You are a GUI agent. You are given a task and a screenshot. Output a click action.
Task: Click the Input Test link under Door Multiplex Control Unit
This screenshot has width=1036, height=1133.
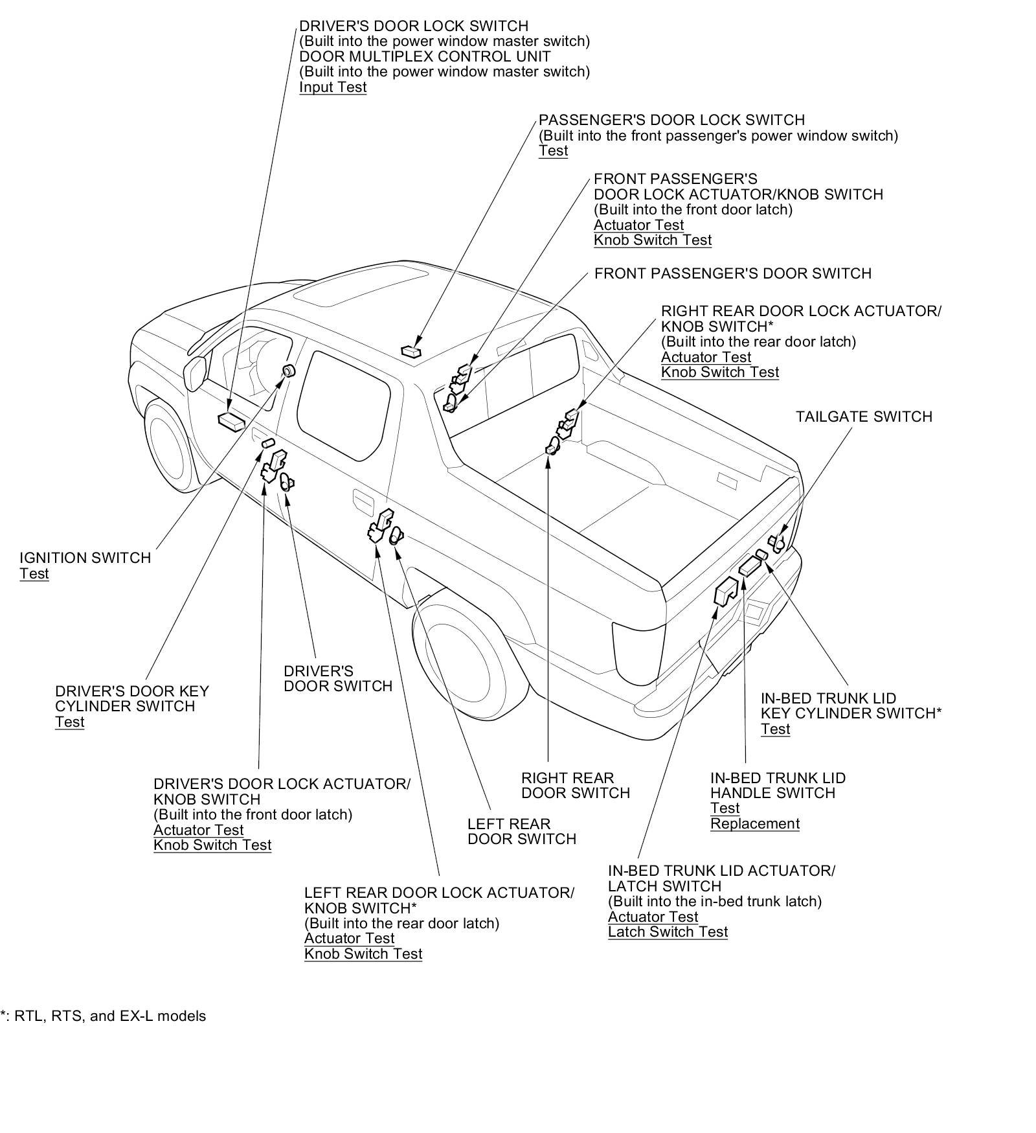[333, 87]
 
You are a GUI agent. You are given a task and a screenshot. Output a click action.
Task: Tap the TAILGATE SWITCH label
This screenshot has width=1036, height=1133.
[864, 417]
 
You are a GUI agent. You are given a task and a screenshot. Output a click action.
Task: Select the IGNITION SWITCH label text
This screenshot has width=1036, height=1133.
[85, 558]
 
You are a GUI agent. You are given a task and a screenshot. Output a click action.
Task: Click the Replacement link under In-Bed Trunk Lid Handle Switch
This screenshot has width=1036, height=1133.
[754, 824]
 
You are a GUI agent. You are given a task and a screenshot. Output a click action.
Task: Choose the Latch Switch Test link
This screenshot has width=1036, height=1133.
[668, 932]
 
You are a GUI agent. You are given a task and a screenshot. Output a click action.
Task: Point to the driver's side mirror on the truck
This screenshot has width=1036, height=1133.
[195, 373]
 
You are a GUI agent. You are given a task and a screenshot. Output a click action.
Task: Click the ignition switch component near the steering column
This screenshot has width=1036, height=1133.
[288, 371]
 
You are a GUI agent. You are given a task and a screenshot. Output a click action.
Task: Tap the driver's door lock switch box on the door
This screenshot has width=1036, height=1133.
[231, 420]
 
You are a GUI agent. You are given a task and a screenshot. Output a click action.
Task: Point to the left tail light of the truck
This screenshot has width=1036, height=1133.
[637, 653]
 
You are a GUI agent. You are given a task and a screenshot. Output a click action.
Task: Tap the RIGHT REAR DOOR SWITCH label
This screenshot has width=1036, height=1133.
[575, 785]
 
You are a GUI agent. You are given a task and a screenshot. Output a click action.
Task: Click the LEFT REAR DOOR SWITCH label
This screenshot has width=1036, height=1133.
[521, 832]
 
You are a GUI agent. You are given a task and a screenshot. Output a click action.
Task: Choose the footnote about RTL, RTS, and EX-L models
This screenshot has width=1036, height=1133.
[104, 1016]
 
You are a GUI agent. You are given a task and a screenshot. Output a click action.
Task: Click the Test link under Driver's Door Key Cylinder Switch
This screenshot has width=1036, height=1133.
[69, 722]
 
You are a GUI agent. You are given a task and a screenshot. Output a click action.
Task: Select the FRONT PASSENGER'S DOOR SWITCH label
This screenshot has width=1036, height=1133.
[732, 273]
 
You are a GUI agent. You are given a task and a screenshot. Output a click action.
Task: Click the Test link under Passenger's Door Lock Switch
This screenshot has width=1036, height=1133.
[553, 151]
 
